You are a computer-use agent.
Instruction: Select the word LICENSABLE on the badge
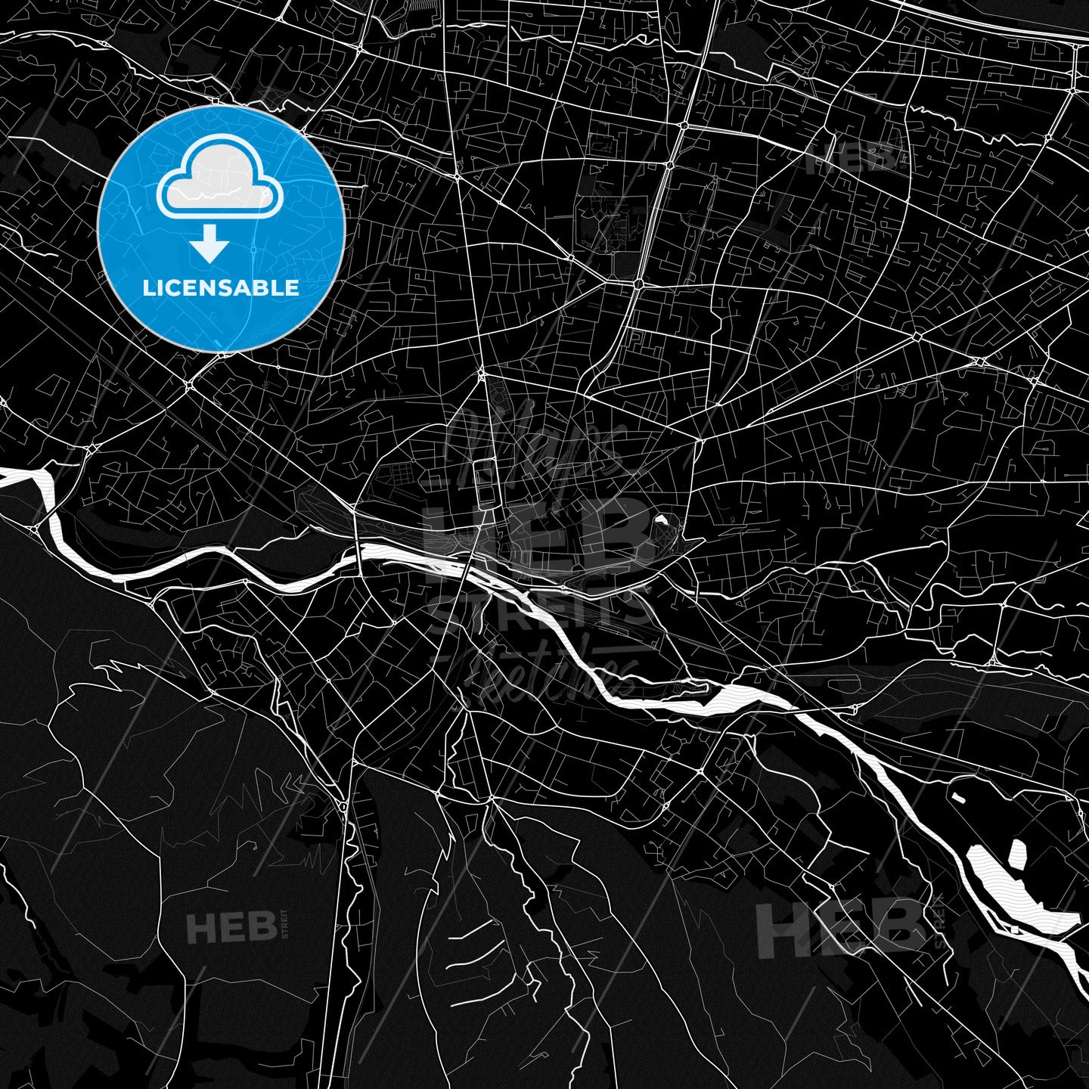[221, 288]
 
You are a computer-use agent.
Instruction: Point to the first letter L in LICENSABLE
[147, 288]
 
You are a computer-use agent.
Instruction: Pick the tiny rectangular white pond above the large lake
[958, 797]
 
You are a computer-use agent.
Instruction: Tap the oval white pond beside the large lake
[1016, 855]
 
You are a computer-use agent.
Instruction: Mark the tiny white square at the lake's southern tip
[1013, 929]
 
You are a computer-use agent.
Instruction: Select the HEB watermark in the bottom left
[231, 927]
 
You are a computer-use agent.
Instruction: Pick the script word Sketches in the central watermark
[544, 665]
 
